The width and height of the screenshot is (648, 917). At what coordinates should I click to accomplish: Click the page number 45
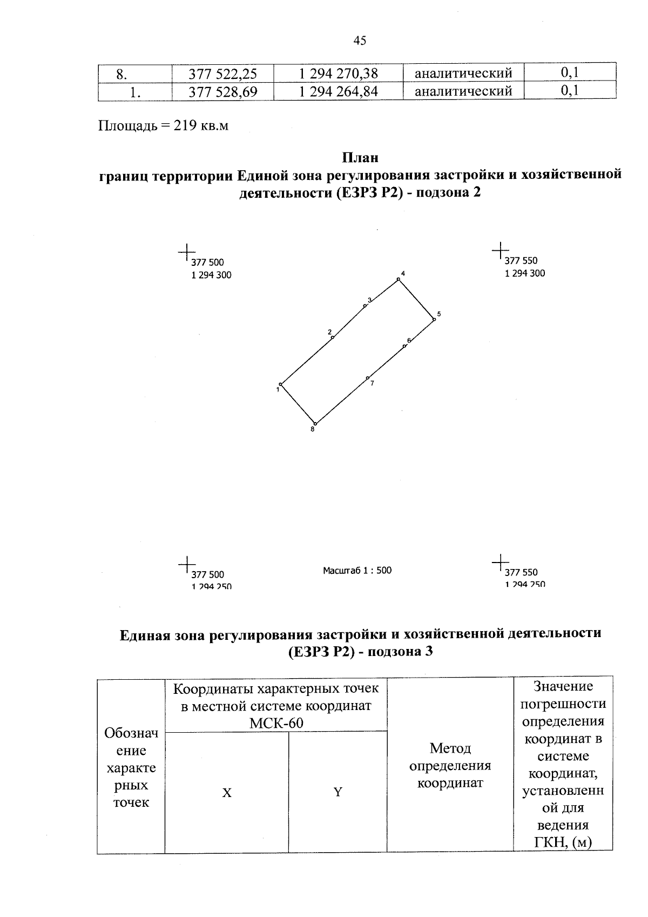[360, 41]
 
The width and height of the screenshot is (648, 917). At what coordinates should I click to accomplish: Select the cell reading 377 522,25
[222, 73]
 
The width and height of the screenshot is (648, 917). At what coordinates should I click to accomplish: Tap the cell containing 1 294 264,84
[339, 91]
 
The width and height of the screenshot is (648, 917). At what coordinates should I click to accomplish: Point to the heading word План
[360, 158]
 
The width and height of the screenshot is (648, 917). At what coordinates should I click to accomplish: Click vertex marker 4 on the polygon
[399, 279]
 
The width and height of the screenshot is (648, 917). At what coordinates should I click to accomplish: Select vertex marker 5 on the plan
[434, 320]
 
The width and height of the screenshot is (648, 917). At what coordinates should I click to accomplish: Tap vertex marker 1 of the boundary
[280, 384]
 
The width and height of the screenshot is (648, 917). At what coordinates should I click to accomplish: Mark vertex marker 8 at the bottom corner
[315, 424]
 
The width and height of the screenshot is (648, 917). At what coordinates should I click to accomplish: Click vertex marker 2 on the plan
[332, 338]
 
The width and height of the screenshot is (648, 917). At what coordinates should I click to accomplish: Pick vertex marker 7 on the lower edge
[367, 378]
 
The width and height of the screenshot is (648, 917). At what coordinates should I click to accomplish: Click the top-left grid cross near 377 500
[186, 252]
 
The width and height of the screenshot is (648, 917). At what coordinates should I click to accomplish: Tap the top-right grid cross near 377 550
[500, 250]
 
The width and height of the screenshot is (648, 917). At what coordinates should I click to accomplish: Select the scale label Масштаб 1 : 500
[357, 570]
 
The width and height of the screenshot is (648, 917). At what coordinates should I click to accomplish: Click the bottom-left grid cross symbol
[186, 564]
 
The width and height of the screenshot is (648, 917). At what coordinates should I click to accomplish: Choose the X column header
[227, 793]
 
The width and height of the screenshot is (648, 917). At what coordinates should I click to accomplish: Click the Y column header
[337, 793]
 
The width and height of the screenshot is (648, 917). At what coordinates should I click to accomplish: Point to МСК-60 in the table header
[276, 723]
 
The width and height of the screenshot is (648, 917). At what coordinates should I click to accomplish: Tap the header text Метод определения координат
[450, 766]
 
